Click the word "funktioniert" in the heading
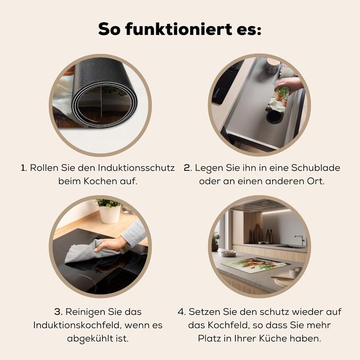click(179, 29)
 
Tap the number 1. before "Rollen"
click(24, 168)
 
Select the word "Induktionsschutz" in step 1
click(136, 168)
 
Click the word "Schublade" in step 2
click(316, 168)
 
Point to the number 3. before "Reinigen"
click(59, 312)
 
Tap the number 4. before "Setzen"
click(182, 312)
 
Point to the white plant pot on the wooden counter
click(110, 214)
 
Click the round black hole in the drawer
click(274, 116)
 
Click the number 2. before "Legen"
click(188, 168)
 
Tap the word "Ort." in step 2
click(316, 181)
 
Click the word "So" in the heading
click(109, 29)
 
